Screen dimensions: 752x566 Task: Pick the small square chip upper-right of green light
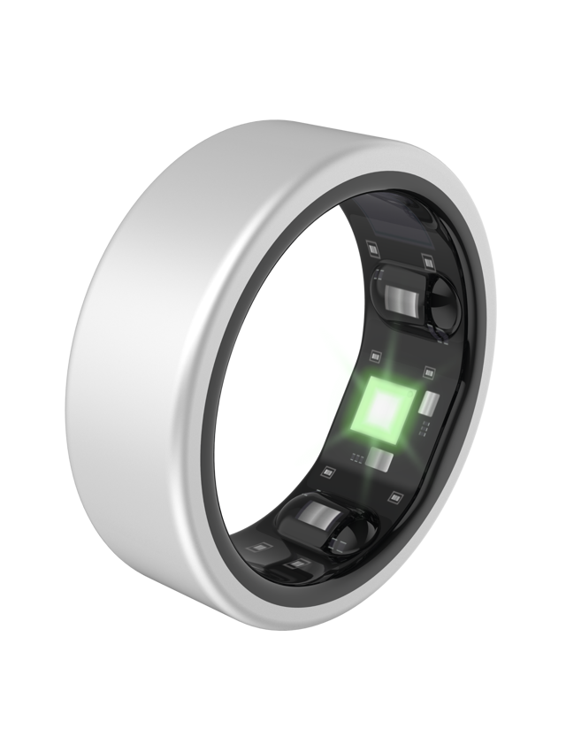pos(429,372)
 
